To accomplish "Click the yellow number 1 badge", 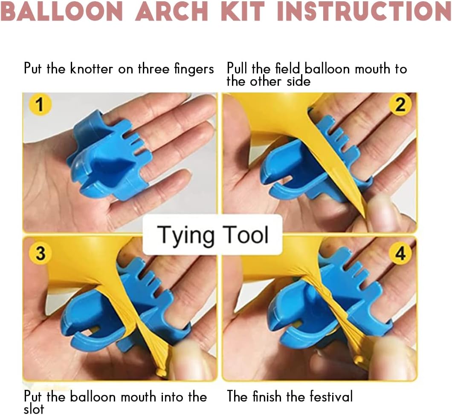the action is [40, 104].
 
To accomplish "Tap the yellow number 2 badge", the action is [400, 104].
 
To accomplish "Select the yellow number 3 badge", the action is [40, 254].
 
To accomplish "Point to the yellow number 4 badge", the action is [400, 254].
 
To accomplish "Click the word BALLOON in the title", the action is [62, 11].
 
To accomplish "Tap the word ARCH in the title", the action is [172, 11].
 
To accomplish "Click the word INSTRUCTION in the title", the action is [364, 11].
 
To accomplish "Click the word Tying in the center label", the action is [186, 235].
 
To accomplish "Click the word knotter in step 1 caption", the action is [92, 69].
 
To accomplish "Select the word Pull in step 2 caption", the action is [237, 69].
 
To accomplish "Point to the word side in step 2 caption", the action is [298, 81].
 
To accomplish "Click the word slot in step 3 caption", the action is [34, 409].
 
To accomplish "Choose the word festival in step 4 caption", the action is [331, 396].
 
